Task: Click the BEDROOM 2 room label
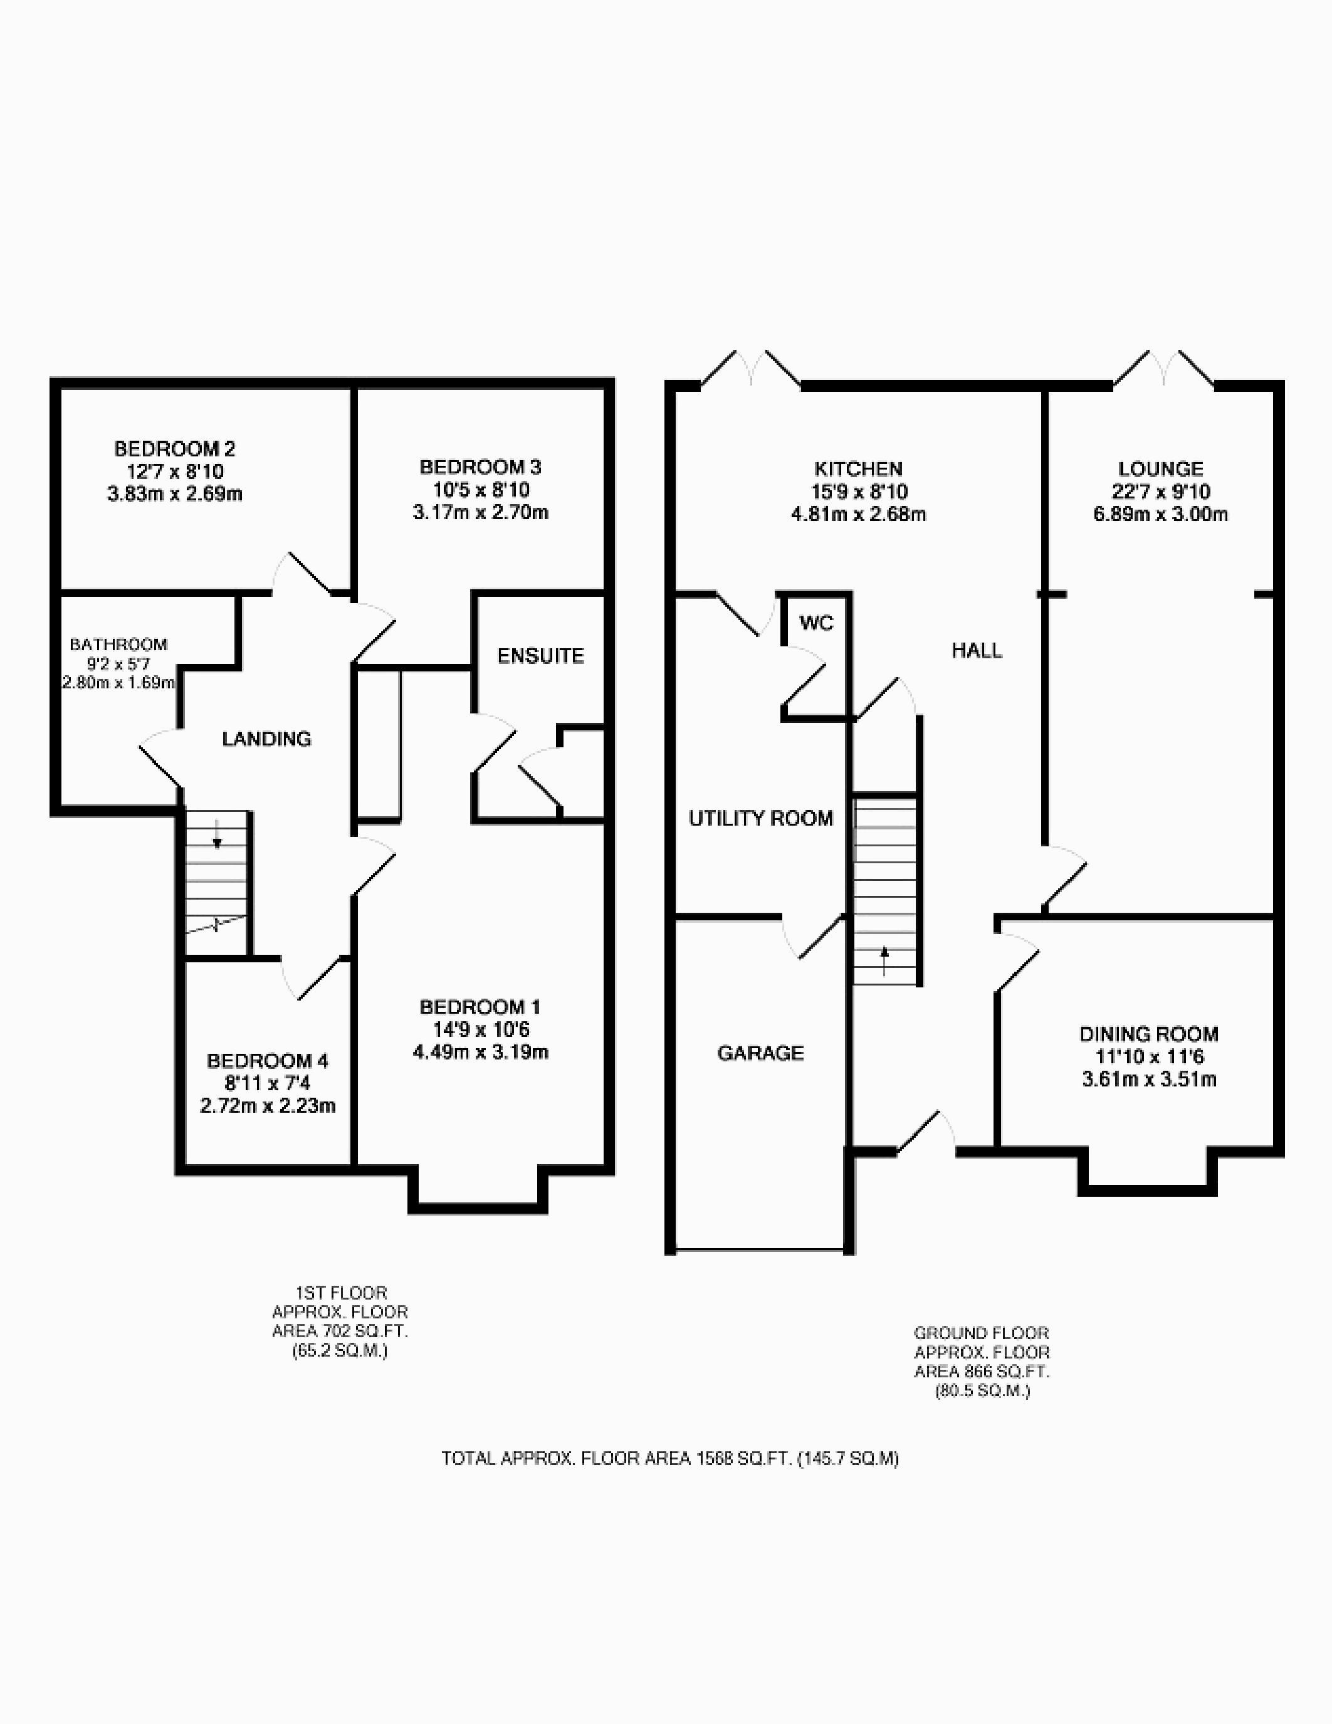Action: [174, 449]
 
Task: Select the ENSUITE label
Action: [540, 656]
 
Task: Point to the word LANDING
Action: [267, 739]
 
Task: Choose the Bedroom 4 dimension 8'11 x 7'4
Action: [268, 1083]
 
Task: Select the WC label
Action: [816, 624]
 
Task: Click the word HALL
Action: [977, 651]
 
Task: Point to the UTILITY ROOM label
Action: [761, 819]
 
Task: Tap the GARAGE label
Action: [761, 1053]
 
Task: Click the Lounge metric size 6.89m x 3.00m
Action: [1160, 515]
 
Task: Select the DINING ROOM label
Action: [1149, 1034]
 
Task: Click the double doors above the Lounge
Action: [1164, 369]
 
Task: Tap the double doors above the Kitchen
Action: [750, 369]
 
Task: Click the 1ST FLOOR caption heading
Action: [341, 1293]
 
